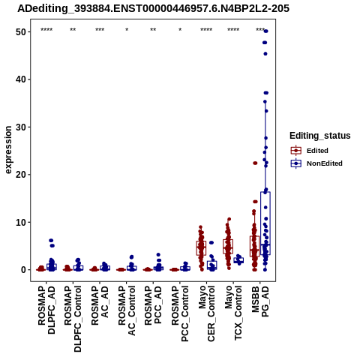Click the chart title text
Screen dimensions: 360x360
[153, 8]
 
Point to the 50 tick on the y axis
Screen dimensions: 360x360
[21, 32]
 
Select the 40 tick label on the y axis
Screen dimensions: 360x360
[21, 79]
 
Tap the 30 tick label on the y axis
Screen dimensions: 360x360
[21, 127]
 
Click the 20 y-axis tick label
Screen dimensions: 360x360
[21, 175]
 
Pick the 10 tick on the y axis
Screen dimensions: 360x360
[21, 222]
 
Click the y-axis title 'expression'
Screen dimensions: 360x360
[8, 150]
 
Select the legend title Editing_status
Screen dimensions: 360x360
[320, 136]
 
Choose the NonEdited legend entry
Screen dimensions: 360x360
[316, 163]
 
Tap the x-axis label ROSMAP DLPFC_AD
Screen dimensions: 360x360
[46, 310]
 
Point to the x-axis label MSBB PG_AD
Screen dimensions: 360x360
[260, 301]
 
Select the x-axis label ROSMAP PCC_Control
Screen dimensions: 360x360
[180, 313]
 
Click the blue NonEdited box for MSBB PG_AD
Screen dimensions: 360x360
[265, 223]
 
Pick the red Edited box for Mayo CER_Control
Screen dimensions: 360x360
[201, 248]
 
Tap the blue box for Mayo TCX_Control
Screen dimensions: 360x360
[238, 260]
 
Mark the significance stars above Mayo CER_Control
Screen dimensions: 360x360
[206, 30]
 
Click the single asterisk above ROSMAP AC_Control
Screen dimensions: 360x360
[127, 30]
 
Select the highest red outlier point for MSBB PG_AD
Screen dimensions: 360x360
[255, 163]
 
